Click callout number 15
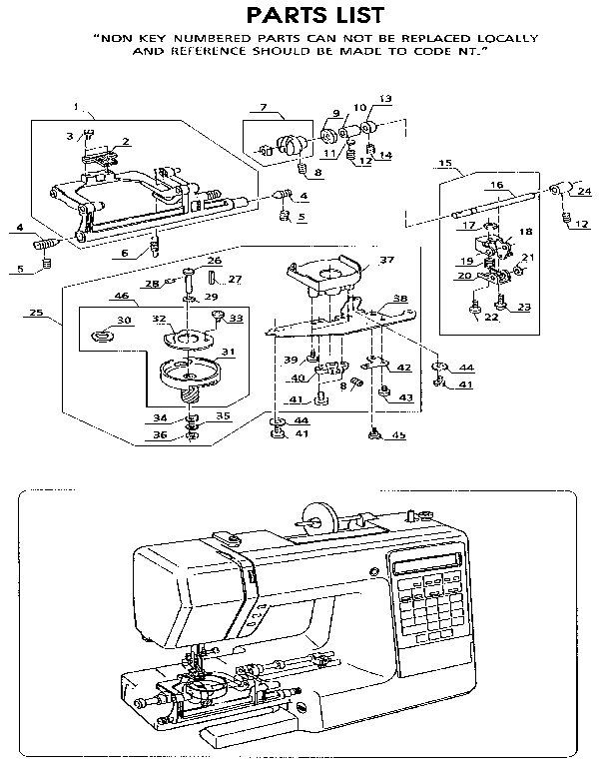(x=445, y=162)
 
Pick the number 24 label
(x=585, y=192)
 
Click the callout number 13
(x=385, y=98)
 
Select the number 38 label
(x=399, y=298)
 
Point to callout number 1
(x=76, y=107)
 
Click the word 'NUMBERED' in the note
(x=212, y=39)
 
